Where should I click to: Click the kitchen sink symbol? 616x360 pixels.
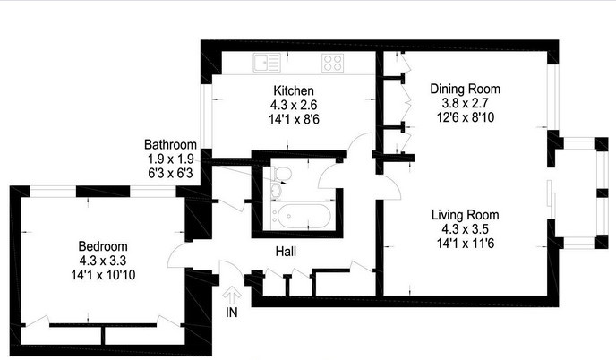(x=267, y=63)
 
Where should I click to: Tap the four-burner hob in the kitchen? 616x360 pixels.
(x=333, y=63)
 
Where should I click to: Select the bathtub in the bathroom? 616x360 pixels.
(x=303, y=216)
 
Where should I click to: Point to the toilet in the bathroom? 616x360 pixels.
(x=281, y=173)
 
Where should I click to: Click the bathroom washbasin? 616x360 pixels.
(x=277, y=190)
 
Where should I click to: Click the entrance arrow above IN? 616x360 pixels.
(x=232, y=296)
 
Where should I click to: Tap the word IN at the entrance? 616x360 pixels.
(x=232, y=312)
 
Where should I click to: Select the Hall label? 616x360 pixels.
(x=286, y=252)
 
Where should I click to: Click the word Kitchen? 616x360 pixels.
(x=294, y=90)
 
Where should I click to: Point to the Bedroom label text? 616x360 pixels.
(x=103, y=246)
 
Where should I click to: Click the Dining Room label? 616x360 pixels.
(x=466, y=89)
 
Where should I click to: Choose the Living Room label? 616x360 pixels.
(x=466, y=215)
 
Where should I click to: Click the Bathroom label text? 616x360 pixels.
(x=170, y=145)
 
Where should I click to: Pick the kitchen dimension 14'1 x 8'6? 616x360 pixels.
(x=294, y=119)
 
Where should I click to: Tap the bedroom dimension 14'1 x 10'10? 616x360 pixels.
(x=103, y=274)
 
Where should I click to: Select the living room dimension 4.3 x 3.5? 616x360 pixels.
(x=466, y=229)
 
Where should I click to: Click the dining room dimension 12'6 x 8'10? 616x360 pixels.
(x=466, y=117)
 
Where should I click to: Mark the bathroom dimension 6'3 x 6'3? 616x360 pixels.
(x=170, y=173)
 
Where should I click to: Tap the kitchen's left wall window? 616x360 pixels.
(x=206, y=116)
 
